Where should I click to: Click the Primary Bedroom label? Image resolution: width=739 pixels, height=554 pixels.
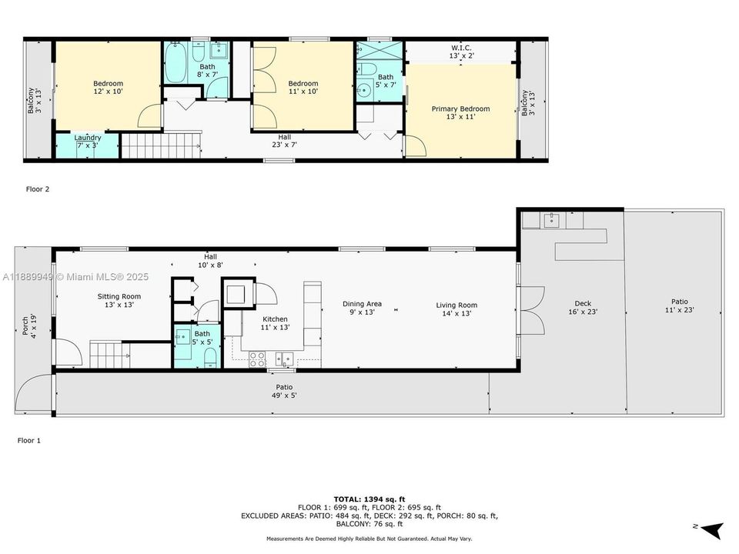point(460,113)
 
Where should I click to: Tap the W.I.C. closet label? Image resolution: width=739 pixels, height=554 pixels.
point(461,52)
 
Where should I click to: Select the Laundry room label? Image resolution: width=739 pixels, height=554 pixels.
point(87,142)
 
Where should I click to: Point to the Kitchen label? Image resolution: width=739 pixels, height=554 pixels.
point(275,323)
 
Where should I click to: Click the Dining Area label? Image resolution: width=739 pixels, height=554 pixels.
point(362,308)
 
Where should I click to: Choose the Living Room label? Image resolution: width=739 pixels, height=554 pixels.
point(456,309)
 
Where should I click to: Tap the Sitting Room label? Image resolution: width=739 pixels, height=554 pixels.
point(119,300)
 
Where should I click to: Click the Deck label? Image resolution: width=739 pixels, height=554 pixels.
point(583,307)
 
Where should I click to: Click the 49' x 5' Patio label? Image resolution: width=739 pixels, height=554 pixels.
point(284,391)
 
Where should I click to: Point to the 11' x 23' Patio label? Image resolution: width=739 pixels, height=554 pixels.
point(679,305)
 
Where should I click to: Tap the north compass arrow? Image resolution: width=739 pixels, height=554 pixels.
point(713,529)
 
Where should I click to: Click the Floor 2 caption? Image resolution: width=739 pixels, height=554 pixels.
point(38,189)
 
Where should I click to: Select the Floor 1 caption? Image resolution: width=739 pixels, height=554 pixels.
point(30,442)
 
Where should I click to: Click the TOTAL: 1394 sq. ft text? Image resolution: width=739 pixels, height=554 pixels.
point(369,499)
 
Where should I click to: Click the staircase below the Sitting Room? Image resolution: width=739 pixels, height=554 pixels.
point(107,355)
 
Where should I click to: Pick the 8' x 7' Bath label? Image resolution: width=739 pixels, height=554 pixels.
point(207,71)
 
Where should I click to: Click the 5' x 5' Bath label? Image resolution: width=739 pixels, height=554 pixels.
point(202,338)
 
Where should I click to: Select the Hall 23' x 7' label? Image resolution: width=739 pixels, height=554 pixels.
point(284,140)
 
